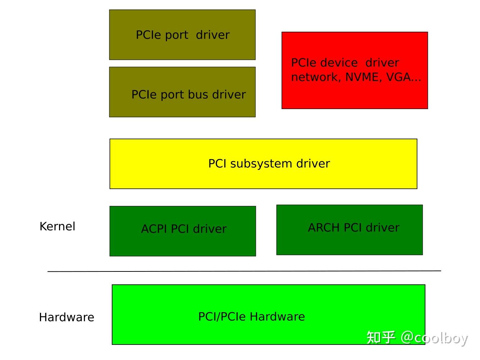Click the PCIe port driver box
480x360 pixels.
[x=182, y=35]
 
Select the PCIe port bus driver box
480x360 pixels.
[x=182, y=92]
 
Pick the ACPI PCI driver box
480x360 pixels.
[x=182, y=231]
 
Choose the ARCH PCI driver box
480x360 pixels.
[x=349, y=230]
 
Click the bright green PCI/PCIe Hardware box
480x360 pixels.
[x=268, y=314]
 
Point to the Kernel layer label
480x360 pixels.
[x=57, y=226]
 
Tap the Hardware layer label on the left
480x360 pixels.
[x=67, y=317]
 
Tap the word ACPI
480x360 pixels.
[x=154, y=229]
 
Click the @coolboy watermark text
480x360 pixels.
[x=434, y=338]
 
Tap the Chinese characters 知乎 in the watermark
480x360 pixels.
[x=381, y=338]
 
